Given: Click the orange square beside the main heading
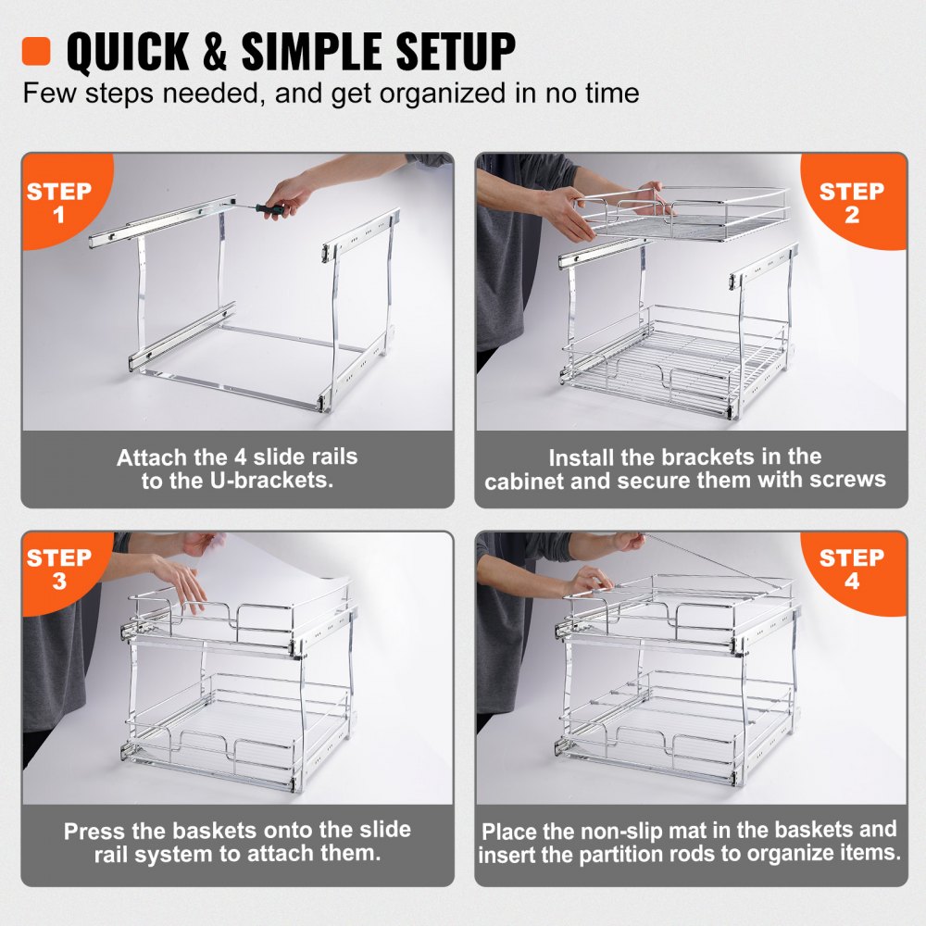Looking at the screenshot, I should (x=36, y=51).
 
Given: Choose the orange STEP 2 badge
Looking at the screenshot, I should (x=852, y=203).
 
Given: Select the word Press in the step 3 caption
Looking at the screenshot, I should (x=94, y=831).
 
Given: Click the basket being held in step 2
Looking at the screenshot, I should (x=685, y=214).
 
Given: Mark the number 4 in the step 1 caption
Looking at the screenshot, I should (x=239, y=457).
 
